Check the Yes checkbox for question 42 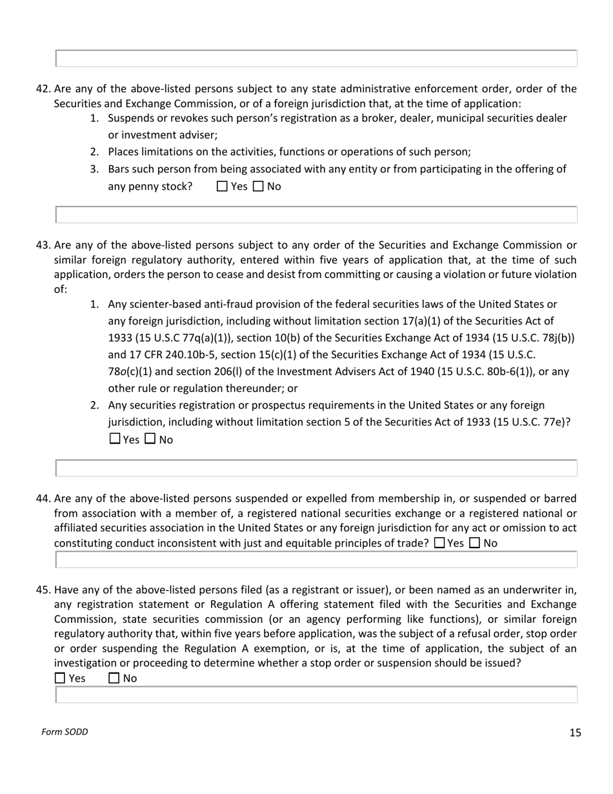pos(223,187)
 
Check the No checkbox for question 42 pos(258,187)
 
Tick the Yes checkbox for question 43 pos(115,439)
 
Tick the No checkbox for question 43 pos(150,439)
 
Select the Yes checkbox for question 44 pos(439,543)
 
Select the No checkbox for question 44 pos(475,543)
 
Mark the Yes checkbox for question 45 pos(60,678)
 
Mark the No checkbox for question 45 pos(114,678)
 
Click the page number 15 pos(575,732)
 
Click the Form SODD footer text pos(65,732)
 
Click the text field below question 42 pos(316,215)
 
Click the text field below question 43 pos(316,468)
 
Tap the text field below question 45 pos(316,695)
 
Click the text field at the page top pos(316,58)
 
